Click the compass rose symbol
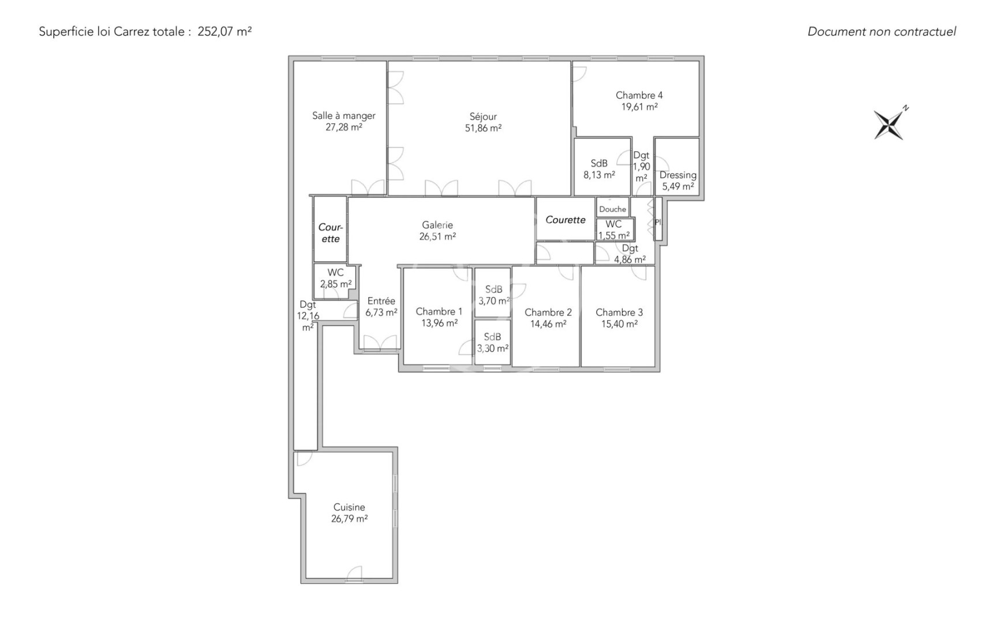(889, 124)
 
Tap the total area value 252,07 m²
(224, 32)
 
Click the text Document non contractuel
(882, 32)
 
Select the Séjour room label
(483, 117)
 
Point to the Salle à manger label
(344, 116)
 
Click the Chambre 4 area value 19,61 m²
(639, 107)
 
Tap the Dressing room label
(678, 175)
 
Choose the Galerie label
(437, 225)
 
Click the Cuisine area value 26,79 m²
(349, 519)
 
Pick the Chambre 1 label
(439, 311)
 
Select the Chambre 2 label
(548, 313)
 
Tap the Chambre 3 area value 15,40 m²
(619, 324)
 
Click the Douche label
(612, 209)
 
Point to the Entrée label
(381, 301)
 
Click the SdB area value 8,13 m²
(599, 175)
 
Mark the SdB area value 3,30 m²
(493, 348)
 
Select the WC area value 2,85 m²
(336, 284)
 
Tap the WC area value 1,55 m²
(614, 235)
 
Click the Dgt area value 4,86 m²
(630, 260)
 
